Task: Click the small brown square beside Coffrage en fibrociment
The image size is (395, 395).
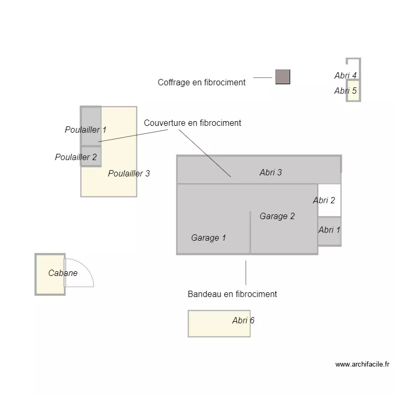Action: click(x=282, y=77)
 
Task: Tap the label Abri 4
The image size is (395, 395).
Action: click(x=345, y=75)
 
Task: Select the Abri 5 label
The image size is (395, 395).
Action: click(x=345, y=91)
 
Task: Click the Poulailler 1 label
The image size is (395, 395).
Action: click(x=85, y=130)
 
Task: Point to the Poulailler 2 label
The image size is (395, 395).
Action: click(x=76, y=157)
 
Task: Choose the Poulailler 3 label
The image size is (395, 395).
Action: click(x=129, y=173)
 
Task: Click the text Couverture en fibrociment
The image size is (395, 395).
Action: click(x=192, y=123)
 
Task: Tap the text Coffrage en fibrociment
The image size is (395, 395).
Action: click(x=202, y=82)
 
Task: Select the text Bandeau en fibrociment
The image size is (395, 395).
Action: click(x=232, y=294)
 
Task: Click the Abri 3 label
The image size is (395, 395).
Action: click(x=271, y=172)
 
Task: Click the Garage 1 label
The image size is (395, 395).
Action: click(x=209, y=238)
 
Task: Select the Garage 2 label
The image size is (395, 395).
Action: click(x=277, y=216)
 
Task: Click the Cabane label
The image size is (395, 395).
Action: click(x=63, y=273)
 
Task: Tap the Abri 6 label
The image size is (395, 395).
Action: click(x=243, y=320)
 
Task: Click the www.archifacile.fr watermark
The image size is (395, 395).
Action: click(x=362, y=364)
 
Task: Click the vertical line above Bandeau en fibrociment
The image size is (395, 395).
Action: click(x=246, y=272)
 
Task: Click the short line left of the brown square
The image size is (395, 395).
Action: click(x=262, y=77)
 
